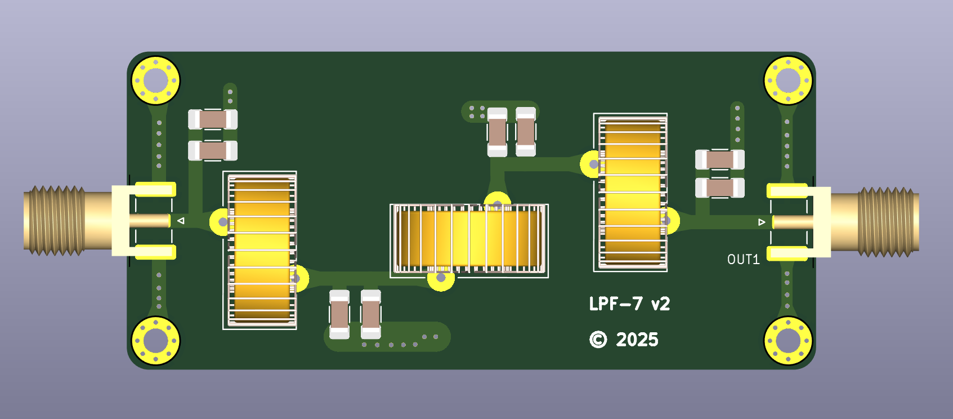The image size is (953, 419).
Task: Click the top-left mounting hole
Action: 156,80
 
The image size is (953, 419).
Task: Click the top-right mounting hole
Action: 788,80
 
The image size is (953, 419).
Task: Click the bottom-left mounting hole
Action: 156,341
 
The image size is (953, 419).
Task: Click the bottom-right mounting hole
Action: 788,341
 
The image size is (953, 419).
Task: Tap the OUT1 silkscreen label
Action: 743,260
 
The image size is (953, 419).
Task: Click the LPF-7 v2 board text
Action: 629,304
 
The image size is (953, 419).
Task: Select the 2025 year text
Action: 637,340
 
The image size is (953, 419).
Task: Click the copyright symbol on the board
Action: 598,340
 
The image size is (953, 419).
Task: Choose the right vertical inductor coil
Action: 631,192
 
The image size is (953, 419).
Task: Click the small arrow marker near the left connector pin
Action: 181,221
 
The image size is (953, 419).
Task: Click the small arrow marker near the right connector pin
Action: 762,222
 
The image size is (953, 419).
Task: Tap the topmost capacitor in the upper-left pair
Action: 213,119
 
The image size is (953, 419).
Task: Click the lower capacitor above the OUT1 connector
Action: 719,188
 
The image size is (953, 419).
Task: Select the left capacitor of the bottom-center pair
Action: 339,314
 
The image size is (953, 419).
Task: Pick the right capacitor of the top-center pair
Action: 526,132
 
